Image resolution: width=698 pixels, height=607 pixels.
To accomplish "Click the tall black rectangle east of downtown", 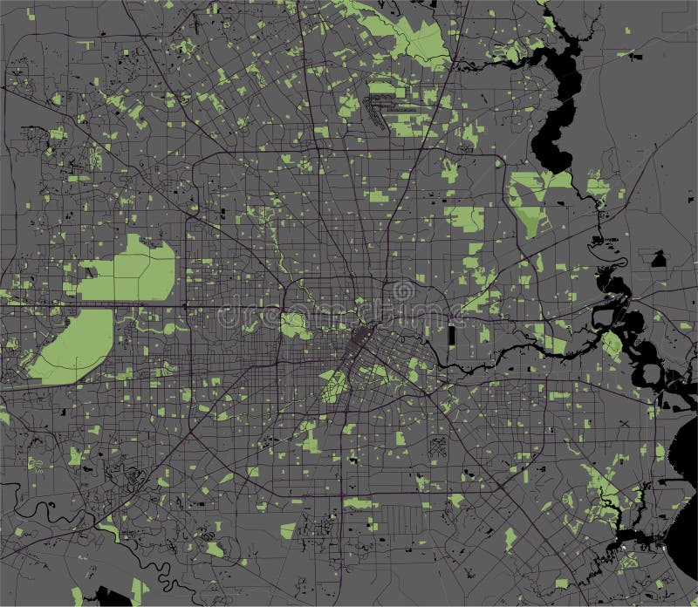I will coord(451,336).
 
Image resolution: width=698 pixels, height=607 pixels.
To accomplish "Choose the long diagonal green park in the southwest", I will coord(74,344).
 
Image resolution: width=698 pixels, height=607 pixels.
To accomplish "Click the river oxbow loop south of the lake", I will coord(616,262).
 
